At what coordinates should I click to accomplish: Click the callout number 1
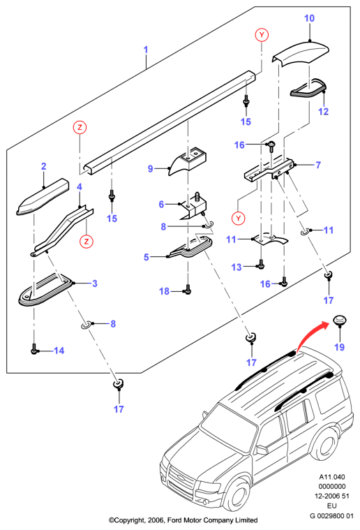[146, 50]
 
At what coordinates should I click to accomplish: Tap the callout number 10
[309, 18]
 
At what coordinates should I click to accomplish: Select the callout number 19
[339, 347]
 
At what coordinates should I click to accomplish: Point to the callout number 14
[59, 351]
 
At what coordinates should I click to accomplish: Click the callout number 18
[164, 291]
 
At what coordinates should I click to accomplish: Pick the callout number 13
[237, 267]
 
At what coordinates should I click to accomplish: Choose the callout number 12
[323, 111]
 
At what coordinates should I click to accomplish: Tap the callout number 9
[151, 168]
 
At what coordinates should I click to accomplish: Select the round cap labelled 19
[340, 319]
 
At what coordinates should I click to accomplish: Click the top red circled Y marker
[262, 35]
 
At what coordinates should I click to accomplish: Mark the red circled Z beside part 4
[87, 242]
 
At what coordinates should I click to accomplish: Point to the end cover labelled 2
[43, 197]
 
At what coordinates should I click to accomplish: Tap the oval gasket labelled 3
[45, 290]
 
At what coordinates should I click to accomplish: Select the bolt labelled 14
[33, 349]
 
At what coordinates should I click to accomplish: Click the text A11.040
[332, 477]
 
